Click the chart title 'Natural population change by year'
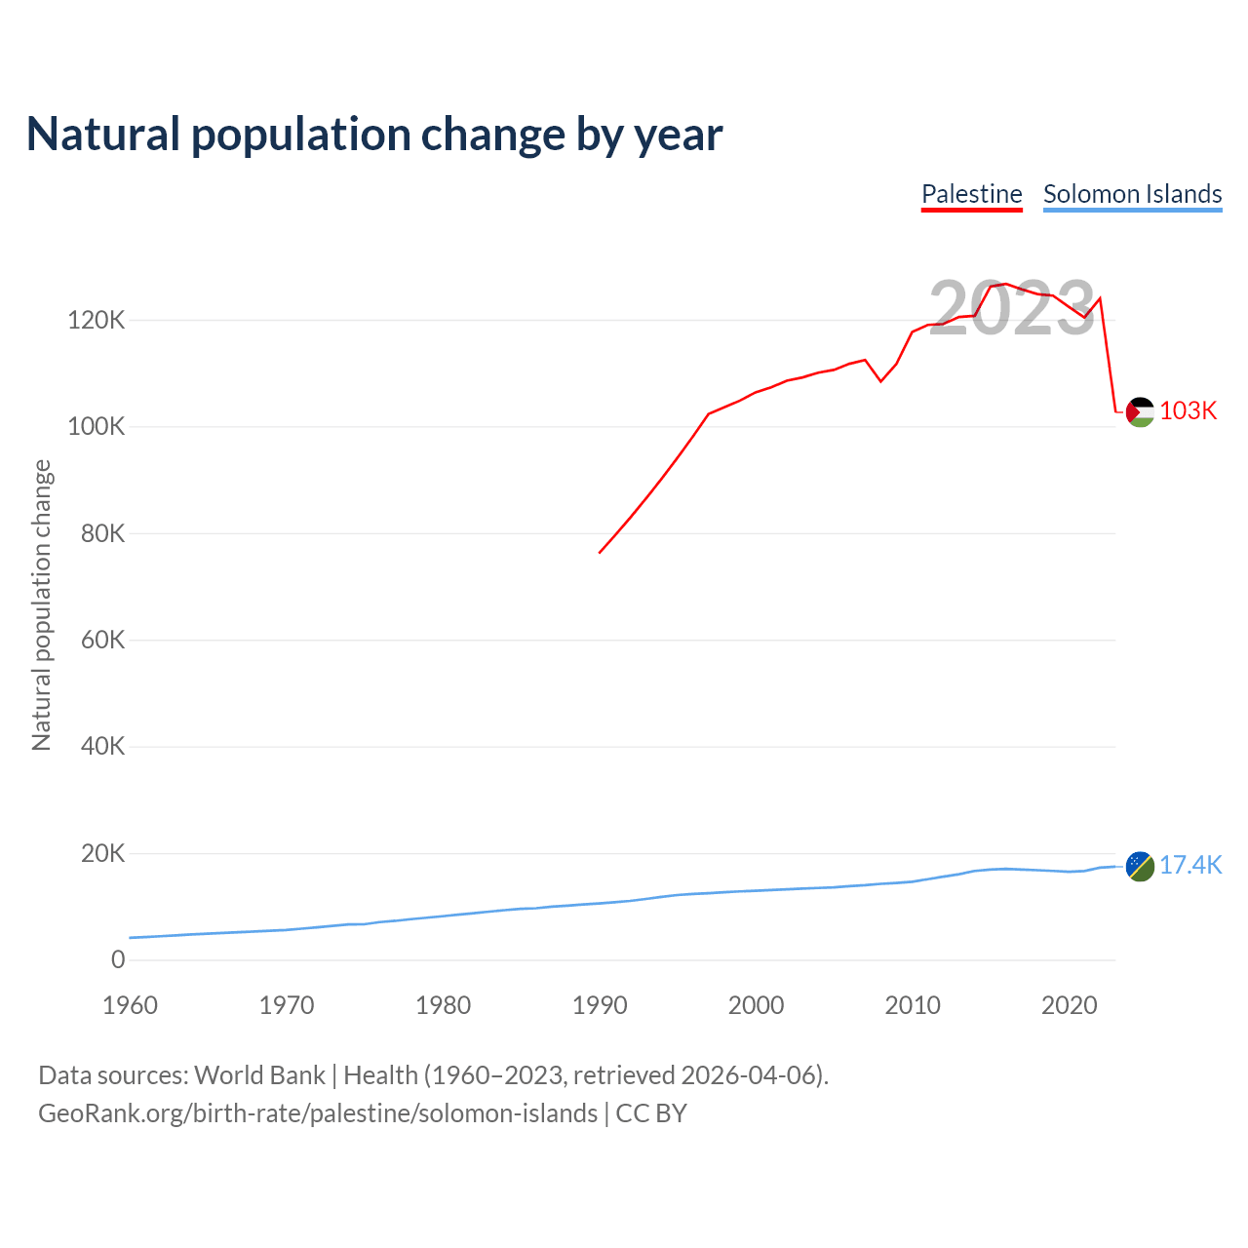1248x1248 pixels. pyautogui.click(x=374, y=135)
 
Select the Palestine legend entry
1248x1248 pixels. pyautogui.click(x=971, y=194)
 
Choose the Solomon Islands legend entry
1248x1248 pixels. pyautogui.click(x=1132, y=194)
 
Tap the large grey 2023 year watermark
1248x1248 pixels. pyautogui.click(x=1012, y=309)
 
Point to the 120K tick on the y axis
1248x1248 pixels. pyautogui.click(x=96, y=320)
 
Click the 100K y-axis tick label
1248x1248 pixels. pyautogui.click(x=96, y=427)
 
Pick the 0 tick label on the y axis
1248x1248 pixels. pyautogui.click(x=118, y=959)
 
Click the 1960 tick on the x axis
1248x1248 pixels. pyautogui.click(x=130, y=1005)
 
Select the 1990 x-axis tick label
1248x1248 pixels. pyautogui.click(x=600, y=1005)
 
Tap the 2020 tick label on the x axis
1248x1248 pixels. pyautogui.click(x=1070, y=1005)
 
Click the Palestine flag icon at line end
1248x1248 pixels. pyautogui.click(x=1140, y=412)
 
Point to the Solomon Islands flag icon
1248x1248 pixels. pyautogui.click(x=1140, y=866)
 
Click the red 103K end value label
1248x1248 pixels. pyautogui.click(x=1189, y=411)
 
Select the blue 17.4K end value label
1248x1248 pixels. pyautogui.click(x=1190, y=865)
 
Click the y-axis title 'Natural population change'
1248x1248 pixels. pyautogui.click(x=41, y=605)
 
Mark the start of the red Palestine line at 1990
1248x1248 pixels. pyautogui.click(x=600, y=553)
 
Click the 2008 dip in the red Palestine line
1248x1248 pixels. pyautogui.click(x=881, y=381)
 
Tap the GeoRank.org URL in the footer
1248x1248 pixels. pyautogui.click(x=318, y=1113)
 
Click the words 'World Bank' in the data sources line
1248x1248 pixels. pyautogui.click(x=259, y=1075)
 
